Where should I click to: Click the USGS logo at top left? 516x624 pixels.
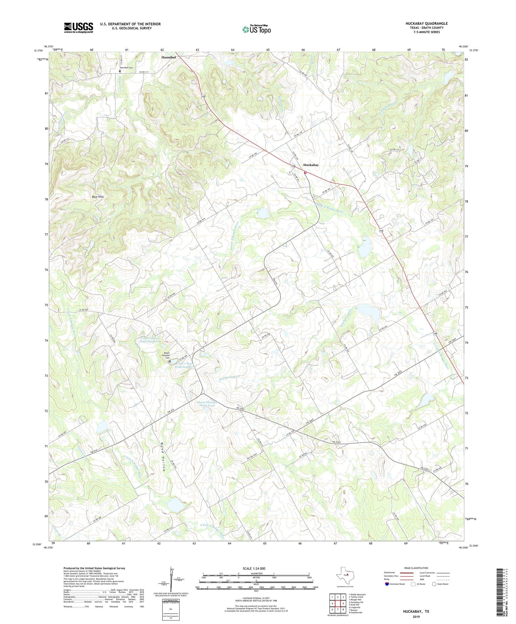click(x=78, y=28)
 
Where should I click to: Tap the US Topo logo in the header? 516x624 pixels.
click(x=256, y=30)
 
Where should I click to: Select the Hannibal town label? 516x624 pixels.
click(x=169, y=57)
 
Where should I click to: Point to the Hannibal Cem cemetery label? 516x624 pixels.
click(x=126, y=68)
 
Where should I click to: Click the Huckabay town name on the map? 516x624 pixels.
click(x=311, y=165)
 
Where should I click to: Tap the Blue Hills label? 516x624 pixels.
click(x=98, y=197)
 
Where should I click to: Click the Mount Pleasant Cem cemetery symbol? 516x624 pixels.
click(x=170, y=361)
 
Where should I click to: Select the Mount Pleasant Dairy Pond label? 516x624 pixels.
click(x=205, y=403)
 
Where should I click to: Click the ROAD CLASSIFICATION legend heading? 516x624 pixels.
click(x=416, y=568)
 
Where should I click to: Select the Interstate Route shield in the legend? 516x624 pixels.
click(x=387, y=584)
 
